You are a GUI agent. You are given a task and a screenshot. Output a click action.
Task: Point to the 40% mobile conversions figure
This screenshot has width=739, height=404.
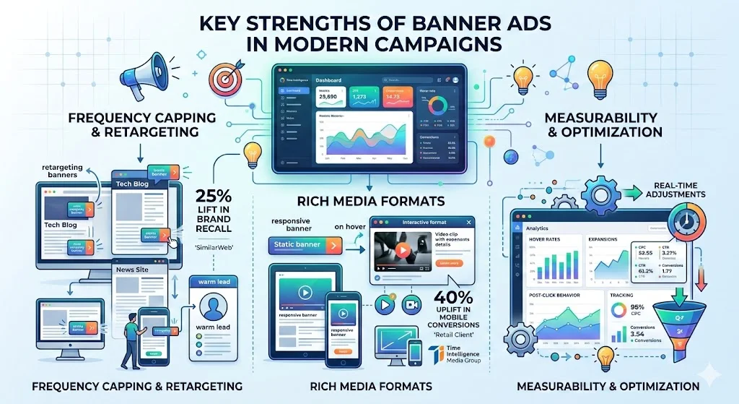point(453,298)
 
